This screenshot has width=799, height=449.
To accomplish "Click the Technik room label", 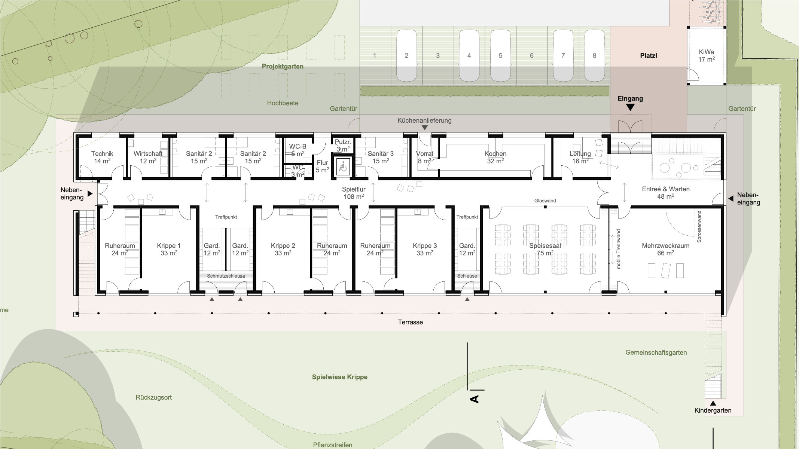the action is pos(102,157).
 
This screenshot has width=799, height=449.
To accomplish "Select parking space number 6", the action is pos(532,56).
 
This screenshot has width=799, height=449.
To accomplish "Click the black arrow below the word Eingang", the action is pos(631,107).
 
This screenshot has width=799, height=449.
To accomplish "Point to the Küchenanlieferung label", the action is pos(424,120).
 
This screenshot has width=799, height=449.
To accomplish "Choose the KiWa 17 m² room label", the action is pos(706,56).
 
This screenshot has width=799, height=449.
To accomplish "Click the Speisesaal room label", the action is pos(545,249).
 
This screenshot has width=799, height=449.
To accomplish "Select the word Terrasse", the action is pos(411,322).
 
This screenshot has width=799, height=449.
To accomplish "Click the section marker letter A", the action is pos(475,399).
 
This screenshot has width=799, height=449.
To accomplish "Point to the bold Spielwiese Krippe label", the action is pos(340,377).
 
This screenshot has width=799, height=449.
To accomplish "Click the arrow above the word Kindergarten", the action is pos(713,403).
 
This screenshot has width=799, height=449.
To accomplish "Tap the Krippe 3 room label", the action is pos(425,249).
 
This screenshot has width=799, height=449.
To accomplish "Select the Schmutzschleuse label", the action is pos(226,276).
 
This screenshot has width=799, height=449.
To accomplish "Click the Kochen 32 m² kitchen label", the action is pos(495,157).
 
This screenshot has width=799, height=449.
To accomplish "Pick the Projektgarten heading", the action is pos(283,67).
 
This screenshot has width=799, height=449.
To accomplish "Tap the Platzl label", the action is pos(649,56).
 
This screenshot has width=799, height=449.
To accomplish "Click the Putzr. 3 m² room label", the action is pos(343,146).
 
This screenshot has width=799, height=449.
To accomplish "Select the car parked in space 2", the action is pos(406,55).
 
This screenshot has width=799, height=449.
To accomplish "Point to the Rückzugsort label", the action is pos(154,397).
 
